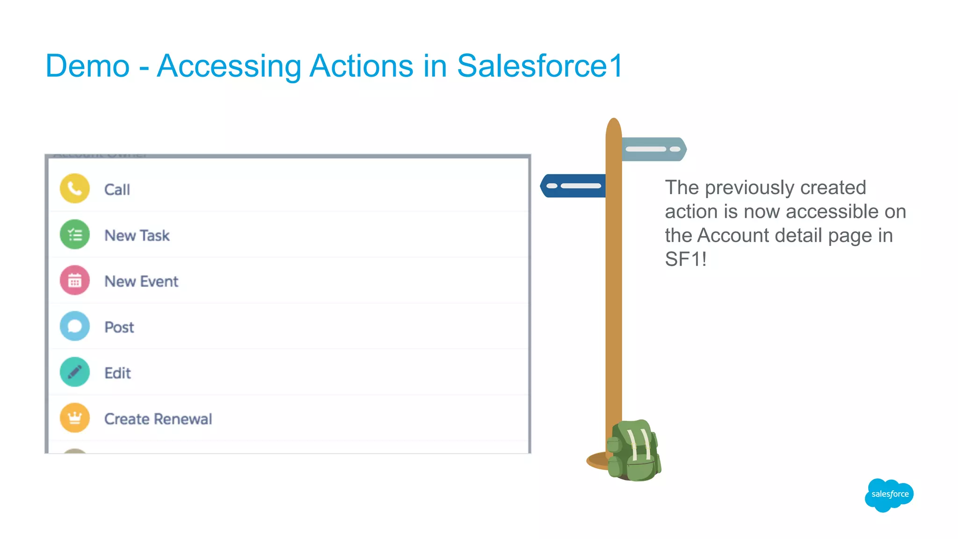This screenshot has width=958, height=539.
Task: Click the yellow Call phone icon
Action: [75, 189]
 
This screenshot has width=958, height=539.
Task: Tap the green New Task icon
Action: [75, 235]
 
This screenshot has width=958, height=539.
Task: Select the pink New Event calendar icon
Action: [75, 280]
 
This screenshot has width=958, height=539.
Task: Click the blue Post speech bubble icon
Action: [75, 326]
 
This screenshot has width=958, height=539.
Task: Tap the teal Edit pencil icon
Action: [75, 372]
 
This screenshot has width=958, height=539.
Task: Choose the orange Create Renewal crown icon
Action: [75, 418]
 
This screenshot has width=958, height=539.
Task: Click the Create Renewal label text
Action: [158, 419]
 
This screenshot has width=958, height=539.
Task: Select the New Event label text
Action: [141, 281]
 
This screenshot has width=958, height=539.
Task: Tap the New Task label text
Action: [137, 236]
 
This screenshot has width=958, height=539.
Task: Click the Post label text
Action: [119, 327]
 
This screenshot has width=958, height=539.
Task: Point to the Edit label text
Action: [117, 373]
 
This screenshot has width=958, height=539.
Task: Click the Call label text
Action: [117, 190]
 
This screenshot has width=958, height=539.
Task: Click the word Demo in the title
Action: [87, 66]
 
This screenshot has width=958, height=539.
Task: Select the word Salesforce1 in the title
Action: [540, 66]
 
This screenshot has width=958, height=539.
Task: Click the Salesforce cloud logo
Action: [889, 495]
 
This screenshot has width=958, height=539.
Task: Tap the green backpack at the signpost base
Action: [634, 452]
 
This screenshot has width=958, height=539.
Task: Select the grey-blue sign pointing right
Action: [653, 149]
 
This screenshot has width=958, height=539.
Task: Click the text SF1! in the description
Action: [685, 259]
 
